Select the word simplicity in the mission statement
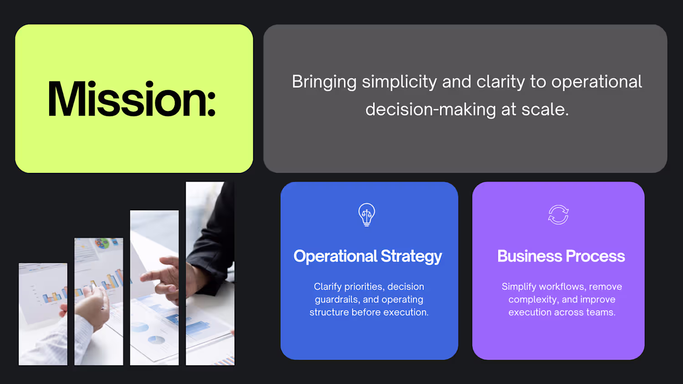tap(399, 83)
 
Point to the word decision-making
tap(431, 110)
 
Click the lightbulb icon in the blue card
tap(367, 215)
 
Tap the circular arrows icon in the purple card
tap(558, 215)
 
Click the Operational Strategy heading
tap(367, 256)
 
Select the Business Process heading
tap(561, 256)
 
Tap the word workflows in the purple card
tap(561, 287)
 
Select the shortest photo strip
tap(43, 314)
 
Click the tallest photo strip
tap(210, 273)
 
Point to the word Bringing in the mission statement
tap(324, 83)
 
